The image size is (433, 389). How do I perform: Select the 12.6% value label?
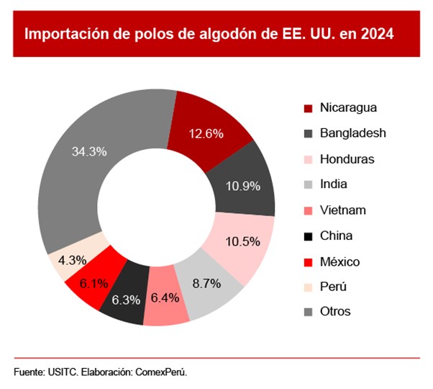(206, 133)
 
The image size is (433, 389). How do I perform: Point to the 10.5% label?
(242, 241)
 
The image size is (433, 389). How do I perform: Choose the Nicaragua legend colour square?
(307, 108)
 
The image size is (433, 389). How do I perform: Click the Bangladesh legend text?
(353, 133)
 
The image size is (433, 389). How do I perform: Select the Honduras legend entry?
(347, 158)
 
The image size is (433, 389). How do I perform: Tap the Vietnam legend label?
(343, 210)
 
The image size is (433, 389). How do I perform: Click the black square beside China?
(307, 236)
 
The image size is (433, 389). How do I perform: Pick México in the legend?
(339, 261)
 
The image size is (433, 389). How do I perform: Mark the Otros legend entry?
(335, 312)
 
